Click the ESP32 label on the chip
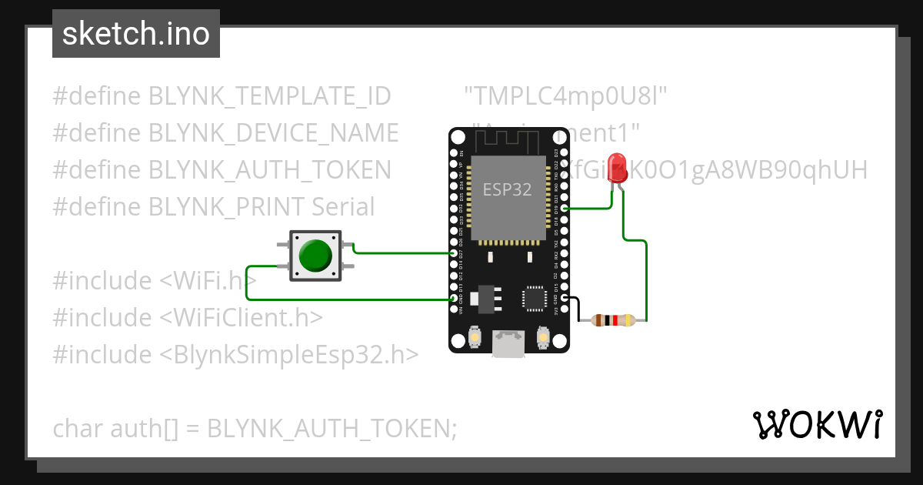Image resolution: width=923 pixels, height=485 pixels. [507, 189]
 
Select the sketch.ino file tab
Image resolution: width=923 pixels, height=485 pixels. [136, 34]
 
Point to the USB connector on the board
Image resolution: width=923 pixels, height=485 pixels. [509, 343]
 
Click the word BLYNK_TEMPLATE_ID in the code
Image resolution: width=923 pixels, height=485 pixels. [269, 96]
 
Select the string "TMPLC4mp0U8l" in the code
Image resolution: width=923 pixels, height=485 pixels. [565, 96]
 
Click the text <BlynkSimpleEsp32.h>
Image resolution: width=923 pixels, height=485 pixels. [289, 355]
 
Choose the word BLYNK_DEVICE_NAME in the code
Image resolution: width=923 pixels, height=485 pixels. [273, 133]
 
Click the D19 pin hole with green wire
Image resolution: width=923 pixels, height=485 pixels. [565, 209]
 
